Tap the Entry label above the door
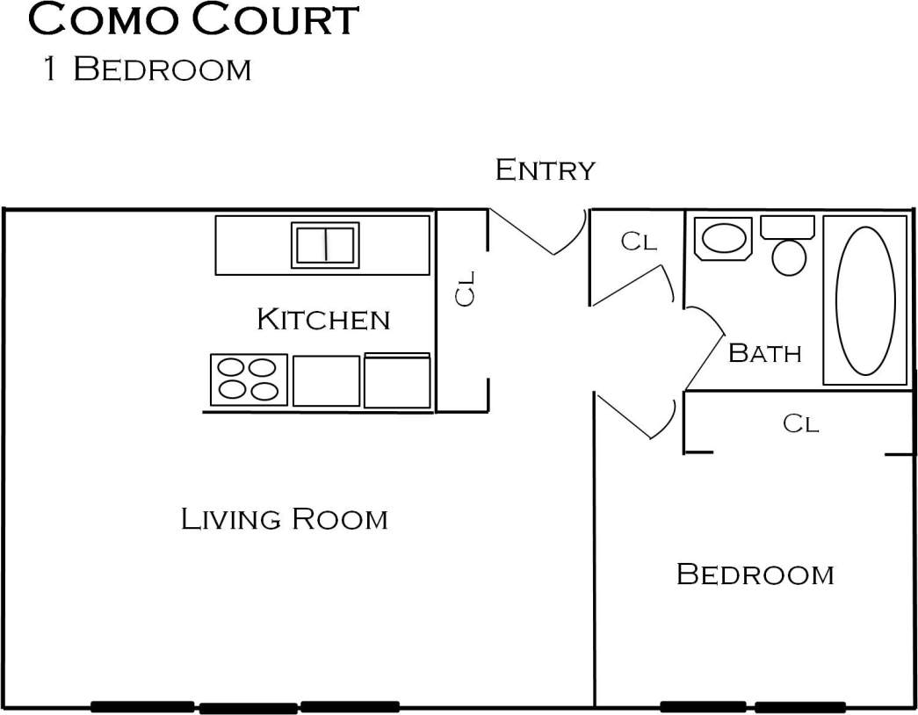[545, 170]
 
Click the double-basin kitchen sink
[325, 245]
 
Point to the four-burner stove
[249, 379]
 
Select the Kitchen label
[323, 319]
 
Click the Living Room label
[284, 519]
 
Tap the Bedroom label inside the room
[755, 574]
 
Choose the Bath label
[765, 353]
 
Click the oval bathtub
[865, 300]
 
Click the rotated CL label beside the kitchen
[466, 288]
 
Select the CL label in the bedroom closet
[800, 424]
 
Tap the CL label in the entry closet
[639, 242]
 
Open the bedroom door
[636, 416]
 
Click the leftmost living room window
[142, 707]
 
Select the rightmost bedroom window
[799, 707]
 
